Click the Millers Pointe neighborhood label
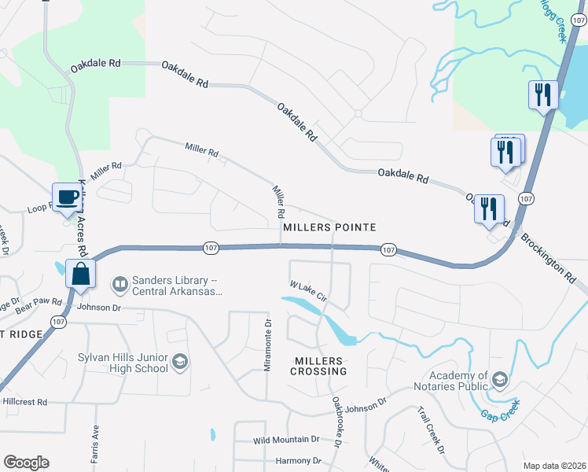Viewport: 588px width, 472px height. (x=329, y=227)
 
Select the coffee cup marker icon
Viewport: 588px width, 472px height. (x=68, y=197)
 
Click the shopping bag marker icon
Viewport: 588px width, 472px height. (x=82, y=275)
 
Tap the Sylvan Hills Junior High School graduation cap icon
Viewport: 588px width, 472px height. (x=180, y=362)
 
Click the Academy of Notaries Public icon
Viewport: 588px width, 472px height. (x=498, y=382)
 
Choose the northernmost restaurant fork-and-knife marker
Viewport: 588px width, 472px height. (x=543, y=95)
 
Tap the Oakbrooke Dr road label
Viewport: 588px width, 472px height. (x=336, y=422)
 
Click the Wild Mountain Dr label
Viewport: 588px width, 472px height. (x=286, y=440)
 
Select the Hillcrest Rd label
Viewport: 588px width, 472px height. (x=24, y=401)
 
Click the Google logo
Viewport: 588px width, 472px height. (x=26, y=463)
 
